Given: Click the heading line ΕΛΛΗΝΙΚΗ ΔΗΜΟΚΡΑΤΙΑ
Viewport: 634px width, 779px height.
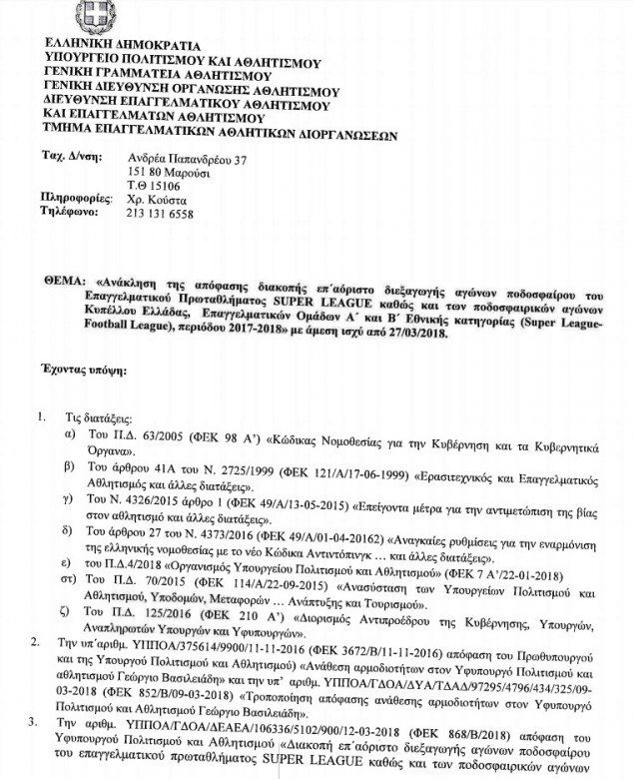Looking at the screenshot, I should (x=122, y=45).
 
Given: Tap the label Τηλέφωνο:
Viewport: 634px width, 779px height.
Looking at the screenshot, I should (x=72, y=213).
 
